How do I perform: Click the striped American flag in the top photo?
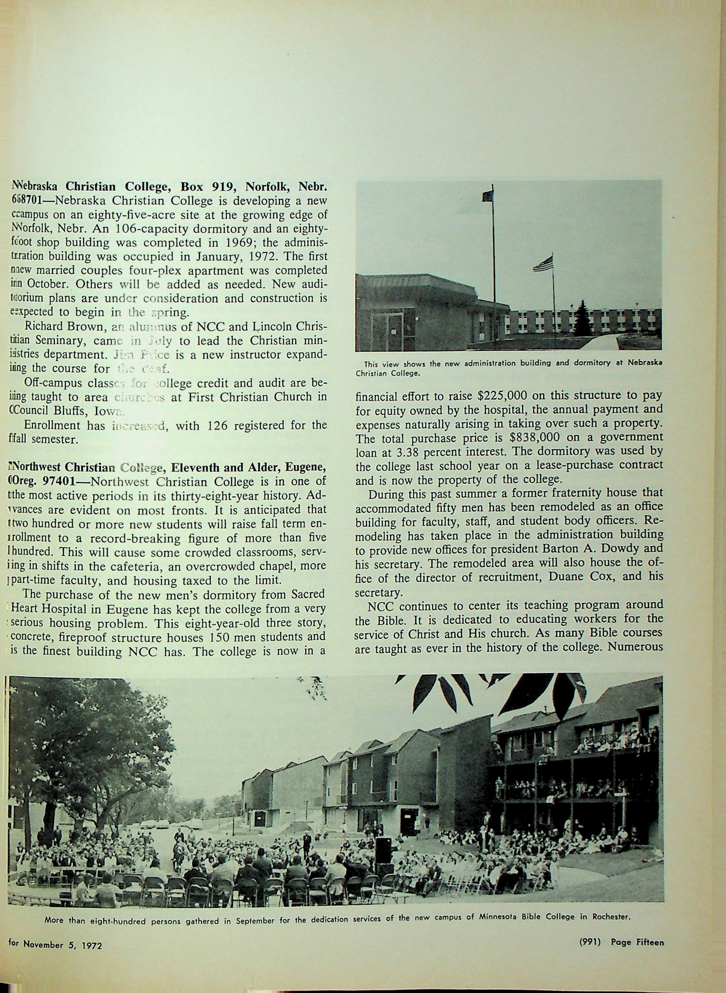543,264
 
